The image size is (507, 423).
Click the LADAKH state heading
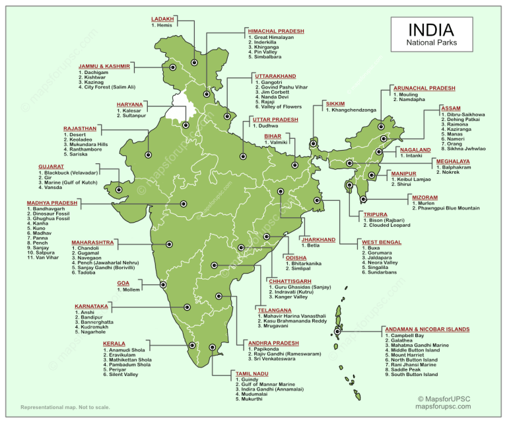point(162,19)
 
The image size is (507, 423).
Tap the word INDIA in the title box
point(430,30)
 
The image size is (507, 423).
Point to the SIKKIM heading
point(335,104)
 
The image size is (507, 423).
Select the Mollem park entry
point(129,289)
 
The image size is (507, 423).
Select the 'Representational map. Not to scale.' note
point(65,407)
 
